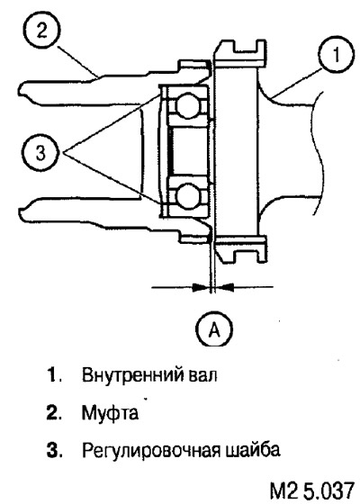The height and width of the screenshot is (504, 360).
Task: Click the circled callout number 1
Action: pos(336,55)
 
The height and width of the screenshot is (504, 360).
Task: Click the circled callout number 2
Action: pos(42,31)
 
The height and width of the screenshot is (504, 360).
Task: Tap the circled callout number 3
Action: pos(40,152)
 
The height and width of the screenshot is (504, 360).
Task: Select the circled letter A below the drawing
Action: pos(214,328)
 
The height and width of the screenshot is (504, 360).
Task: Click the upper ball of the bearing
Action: pos(188,104)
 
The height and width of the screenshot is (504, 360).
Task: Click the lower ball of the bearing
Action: pos(188,194)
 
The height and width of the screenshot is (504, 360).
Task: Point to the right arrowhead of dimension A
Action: pos(224,287)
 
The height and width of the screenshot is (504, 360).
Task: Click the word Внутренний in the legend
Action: pos(131,375)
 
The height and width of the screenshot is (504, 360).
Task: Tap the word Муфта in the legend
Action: pos(110,413)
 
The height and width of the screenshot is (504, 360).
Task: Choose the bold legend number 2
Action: pos(52,413)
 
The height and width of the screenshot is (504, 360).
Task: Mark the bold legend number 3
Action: pos(52,450)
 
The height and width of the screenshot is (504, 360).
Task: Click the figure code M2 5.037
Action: pos(311,491)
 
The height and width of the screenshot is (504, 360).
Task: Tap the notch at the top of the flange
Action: pos(246,46)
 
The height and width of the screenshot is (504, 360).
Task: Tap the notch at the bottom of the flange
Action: pos(246,256)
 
